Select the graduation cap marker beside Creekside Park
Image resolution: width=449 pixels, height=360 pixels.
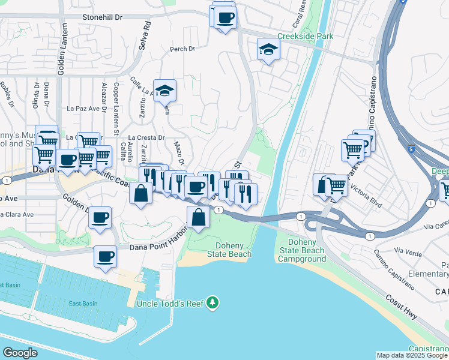268,50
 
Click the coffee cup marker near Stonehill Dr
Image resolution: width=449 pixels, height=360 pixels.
225,18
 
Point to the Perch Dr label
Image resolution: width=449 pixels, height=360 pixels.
183,50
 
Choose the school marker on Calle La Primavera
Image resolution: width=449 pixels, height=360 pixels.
164,91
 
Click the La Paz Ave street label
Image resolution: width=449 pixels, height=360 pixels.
83,109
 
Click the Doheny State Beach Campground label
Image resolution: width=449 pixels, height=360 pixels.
301,250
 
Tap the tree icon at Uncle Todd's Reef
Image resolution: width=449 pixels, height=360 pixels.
212,304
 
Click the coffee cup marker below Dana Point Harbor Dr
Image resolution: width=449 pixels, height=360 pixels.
105,257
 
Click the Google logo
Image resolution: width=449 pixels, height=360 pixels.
20,353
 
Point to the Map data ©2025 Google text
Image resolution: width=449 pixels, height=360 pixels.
411,355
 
